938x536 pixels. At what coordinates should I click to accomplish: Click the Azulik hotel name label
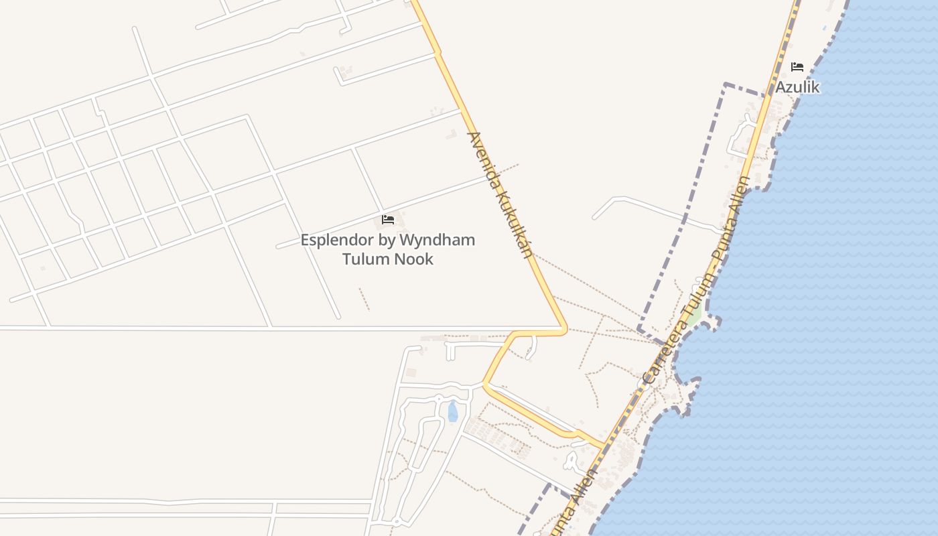[x=797, y=87]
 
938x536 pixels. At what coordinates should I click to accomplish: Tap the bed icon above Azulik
[x=797, y=67]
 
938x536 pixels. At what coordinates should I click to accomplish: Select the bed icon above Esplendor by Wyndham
[x=388, y=219]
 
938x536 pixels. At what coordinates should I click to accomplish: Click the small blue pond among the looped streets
[x=453, y=411]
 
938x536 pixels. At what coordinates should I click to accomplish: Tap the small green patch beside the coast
[x=695, y=314]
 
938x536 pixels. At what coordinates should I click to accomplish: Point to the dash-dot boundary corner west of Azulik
[x=726, y=85]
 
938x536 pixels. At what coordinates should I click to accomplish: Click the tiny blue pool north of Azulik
[x=823, y=28]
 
